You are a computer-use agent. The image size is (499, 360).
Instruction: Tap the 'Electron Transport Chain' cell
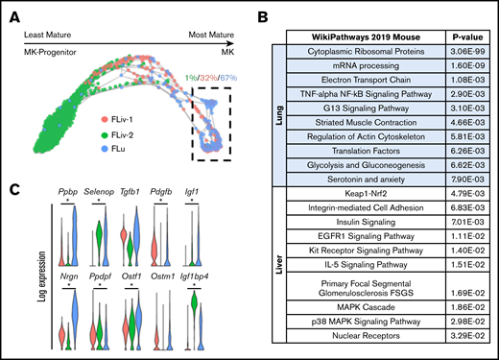(357, 78)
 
